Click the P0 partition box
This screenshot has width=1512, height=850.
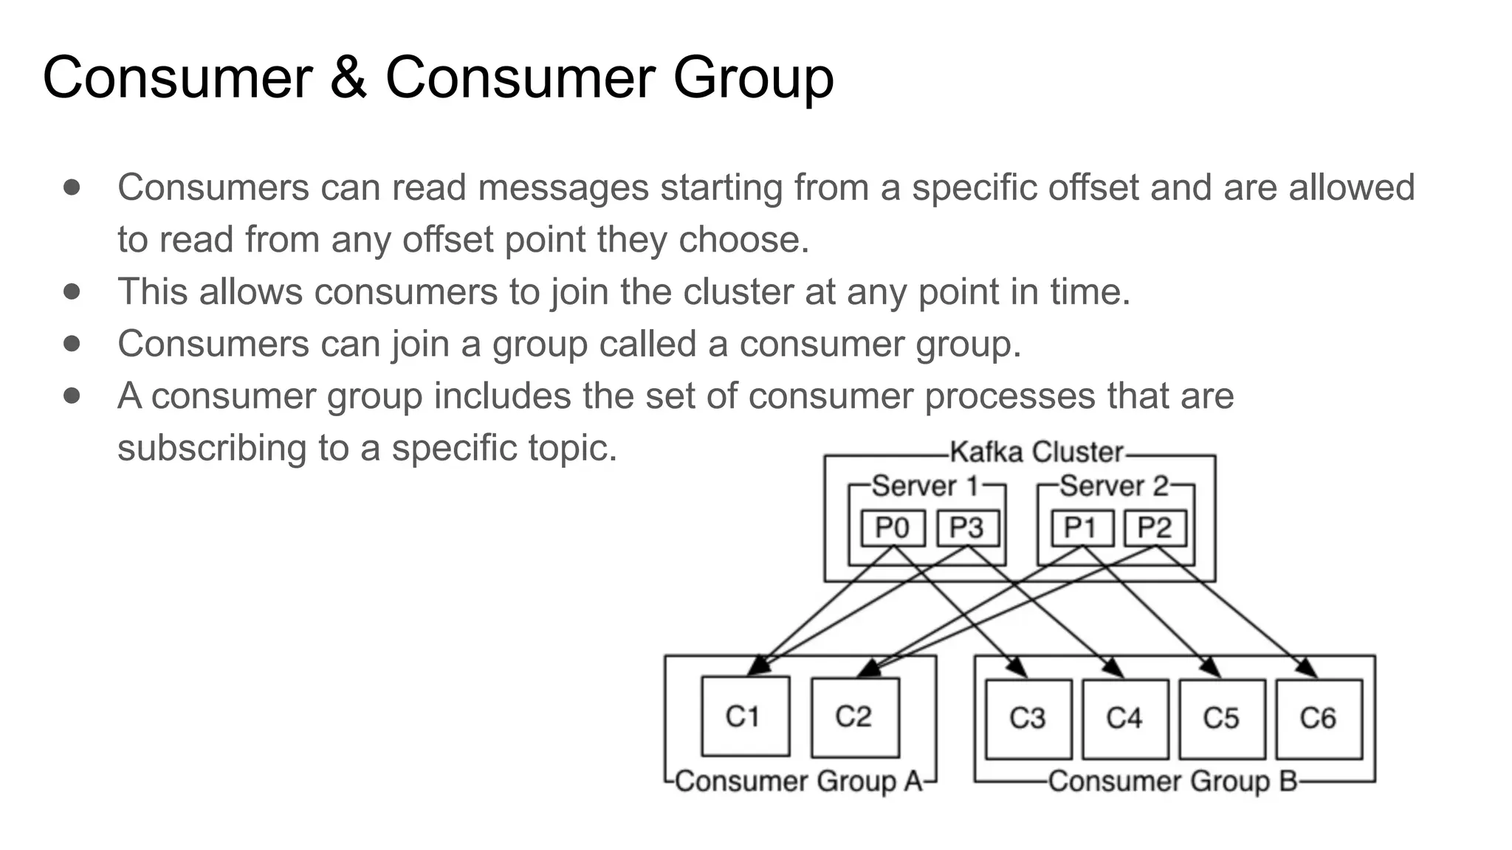pyautogui.click(x=893, y=528)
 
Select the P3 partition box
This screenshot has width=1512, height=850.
pyautogui.click(x=968, y=528)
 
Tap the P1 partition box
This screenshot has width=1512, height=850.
pyautogui.click(x=1082, y=528)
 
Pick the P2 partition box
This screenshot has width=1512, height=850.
pyautogui.click(x=1155, y=528)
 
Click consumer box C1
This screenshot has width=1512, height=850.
pyautogui.click(x=745, y=716)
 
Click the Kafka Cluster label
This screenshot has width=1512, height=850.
pyautogui.click(x=1036, y=452)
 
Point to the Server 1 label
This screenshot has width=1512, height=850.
pyautogui.click(x=925, y=486)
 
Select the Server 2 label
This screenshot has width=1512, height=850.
pyautogui.click(x=1114, y=486)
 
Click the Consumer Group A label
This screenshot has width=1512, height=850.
pyautogui.click(x=799, y=781)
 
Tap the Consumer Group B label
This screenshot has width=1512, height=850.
pyautogui.click(x=1172, y=781)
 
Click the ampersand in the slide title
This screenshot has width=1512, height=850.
pyautogui.click(x=348, y=77)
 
